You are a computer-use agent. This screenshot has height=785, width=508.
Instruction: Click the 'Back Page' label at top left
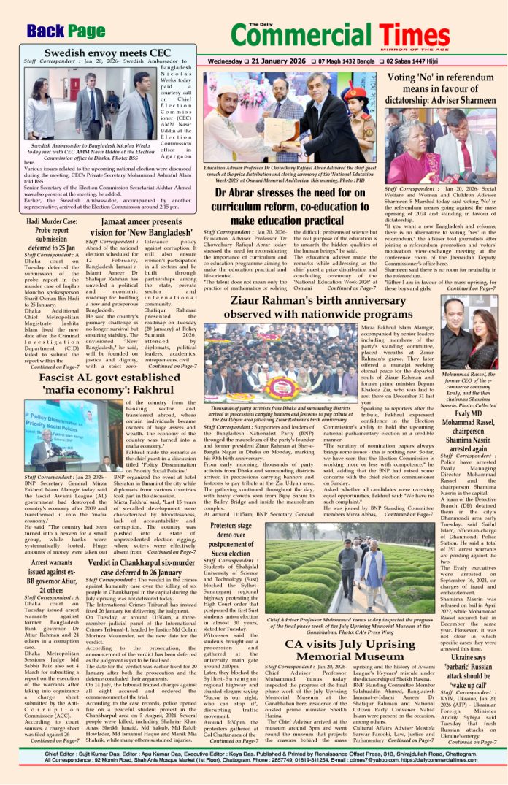tap(66, 31)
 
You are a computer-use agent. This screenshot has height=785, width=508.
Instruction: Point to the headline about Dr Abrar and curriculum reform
tap(296, 207)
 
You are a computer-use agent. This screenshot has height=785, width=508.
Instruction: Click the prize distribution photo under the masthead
tap(295, 118)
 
